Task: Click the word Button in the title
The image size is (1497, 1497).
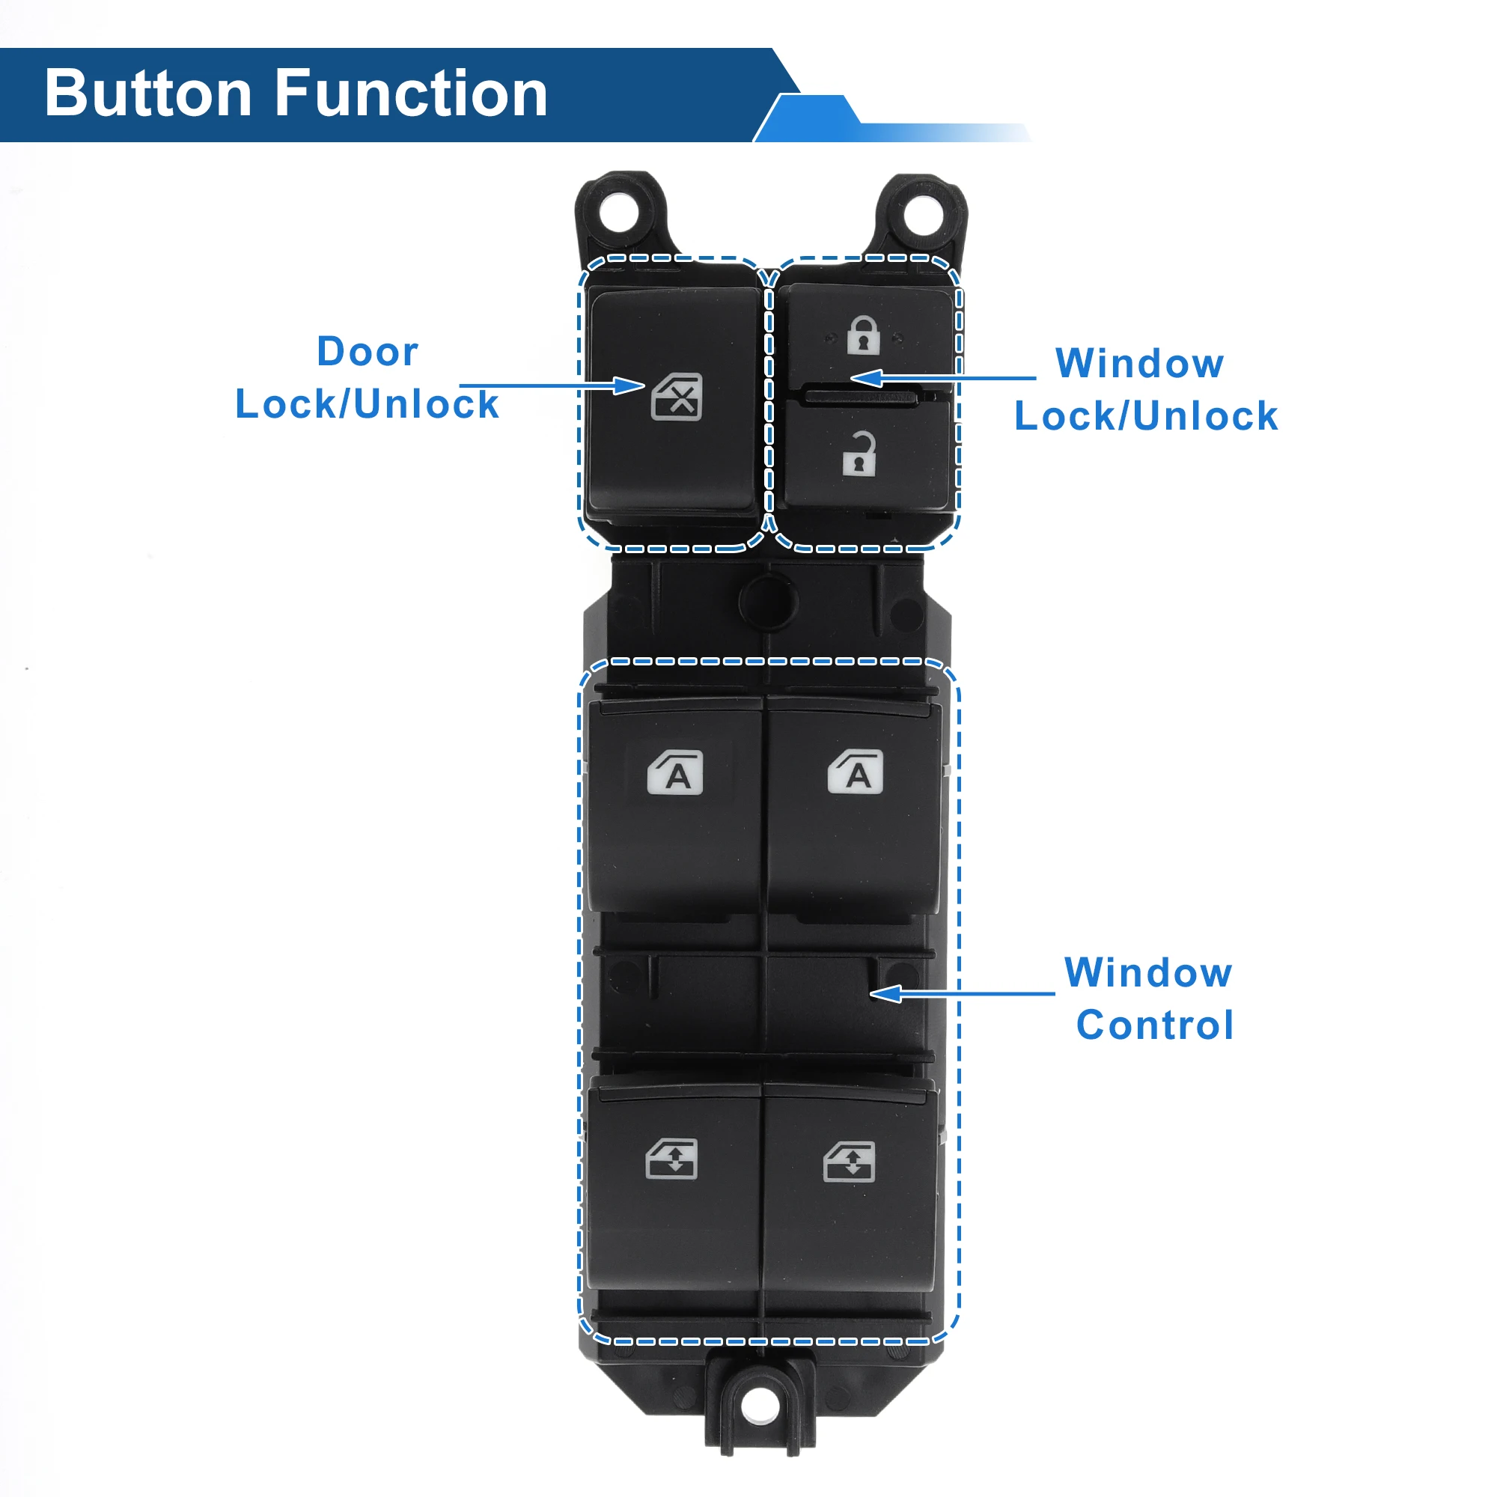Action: click(147, 94)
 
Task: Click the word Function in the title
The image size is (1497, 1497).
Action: click(412, 94)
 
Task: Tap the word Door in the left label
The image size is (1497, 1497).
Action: click(368, 352)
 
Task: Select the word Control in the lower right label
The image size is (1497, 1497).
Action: click(1154, 1026)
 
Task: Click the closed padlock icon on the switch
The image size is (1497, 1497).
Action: click(863, 335)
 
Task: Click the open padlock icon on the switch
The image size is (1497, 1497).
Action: click(859, 454)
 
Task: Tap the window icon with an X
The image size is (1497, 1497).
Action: click(677, 397)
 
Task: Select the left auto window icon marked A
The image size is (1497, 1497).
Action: click(676, 772)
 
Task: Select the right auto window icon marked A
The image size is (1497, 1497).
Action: click(856, 772)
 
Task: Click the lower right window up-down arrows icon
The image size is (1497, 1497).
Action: click(850, 1162)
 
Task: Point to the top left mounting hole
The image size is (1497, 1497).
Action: click(619, 212)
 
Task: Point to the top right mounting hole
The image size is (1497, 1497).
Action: click(924, 215)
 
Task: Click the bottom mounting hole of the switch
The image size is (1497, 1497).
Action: click(760, 1405)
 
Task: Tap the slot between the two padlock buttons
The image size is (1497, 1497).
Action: click(862, 397)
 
